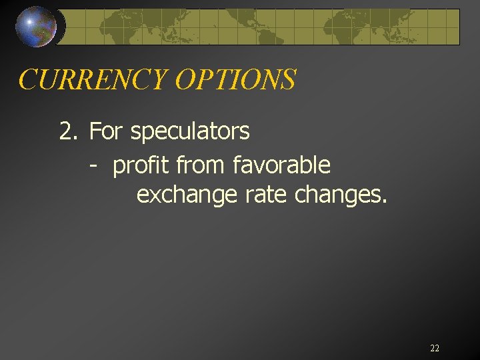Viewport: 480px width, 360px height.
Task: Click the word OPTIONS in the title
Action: point(235,79)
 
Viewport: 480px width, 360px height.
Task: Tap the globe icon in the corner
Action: point(35,26)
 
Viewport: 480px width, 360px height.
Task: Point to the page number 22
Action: point(435,348)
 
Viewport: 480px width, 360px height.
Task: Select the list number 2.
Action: point(68,131)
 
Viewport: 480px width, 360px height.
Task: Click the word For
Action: point(106,131)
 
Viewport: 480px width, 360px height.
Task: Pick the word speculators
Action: point(190,131)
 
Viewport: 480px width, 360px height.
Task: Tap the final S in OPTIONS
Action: point(287,79)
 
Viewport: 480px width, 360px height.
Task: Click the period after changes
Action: point(384,201)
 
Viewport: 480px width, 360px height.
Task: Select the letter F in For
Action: point(94,131)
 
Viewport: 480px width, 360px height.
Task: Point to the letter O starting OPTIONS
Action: point(184,79)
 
